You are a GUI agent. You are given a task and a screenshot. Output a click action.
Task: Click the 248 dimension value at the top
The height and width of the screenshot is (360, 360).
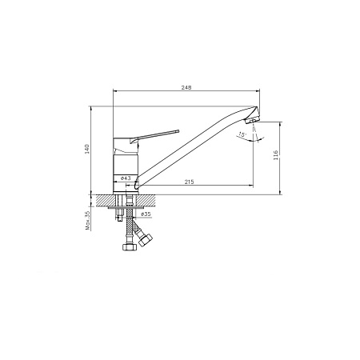click(x=186, y=87)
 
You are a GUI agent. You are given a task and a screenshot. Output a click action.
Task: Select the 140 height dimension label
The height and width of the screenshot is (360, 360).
click(x=87, y=150)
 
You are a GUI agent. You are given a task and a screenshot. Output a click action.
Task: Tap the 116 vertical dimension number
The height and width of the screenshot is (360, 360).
click(x=276, y=155)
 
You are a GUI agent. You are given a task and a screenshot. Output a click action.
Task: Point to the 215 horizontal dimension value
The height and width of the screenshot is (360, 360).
click(x=189, y=182)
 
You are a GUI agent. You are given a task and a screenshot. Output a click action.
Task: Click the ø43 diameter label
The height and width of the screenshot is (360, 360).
click(x=126, y=178)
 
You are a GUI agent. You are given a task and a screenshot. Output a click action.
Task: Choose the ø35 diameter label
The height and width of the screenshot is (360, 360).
click(x=146, y=214)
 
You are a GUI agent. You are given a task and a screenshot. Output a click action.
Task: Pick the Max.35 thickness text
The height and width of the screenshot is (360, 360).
click(x=88, y=221)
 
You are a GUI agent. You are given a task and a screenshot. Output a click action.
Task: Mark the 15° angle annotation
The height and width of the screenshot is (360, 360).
click(x=242, y=134)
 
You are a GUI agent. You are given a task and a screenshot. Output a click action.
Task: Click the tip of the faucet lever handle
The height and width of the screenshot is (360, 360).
click(x=178, y=131)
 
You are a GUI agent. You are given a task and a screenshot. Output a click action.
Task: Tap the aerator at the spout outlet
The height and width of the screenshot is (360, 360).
click(x=251, y=121)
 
